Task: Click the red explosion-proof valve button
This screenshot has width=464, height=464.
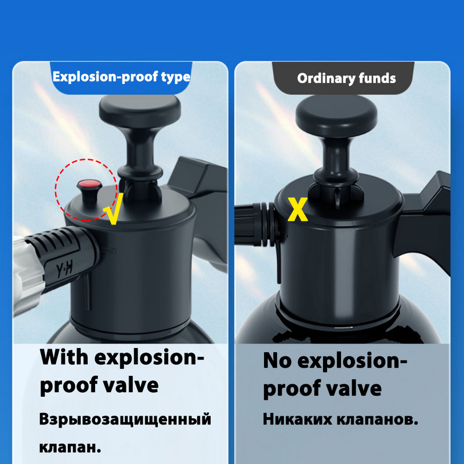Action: point(88,185)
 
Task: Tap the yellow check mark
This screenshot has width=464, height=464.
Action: point(114,212)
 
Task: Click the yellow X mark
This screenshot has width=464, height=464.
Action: point(298,209)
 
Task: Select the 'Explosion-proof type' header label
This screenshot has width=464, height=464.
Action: point(121,77)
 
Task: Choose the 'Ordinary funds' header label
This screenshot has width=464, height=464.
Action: point(346,78)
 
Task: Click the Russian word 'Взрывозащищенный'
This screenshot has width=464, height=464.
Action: point(125,419)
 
